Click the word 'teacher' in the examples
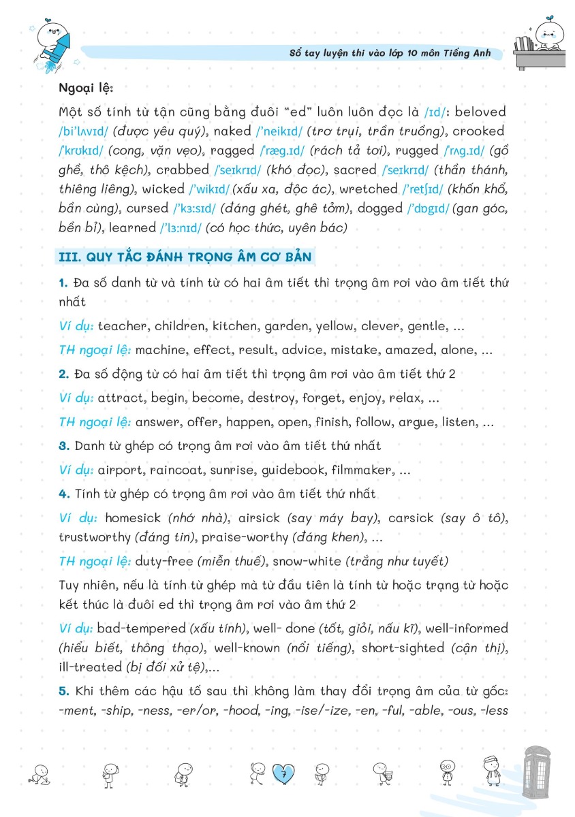(x=123, y=326)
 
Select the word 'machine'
(x=161, y=350)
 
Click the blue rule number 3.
(x=64, y=446)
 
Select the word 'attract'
(x=121, y=398)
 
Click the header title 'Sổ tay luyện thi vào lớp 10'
(x=354, y=53)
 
